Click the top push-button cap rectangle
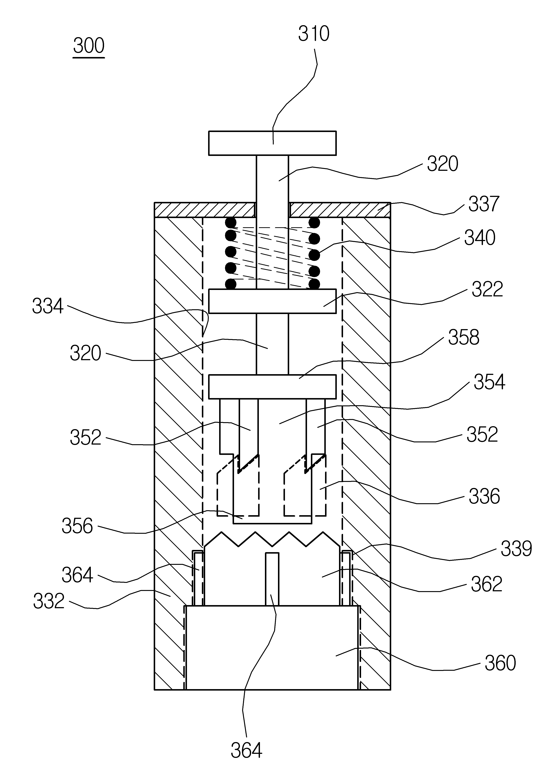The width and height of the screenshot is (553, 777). click(272, 143)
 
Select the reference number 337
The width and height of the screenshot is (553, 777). click(484, 204)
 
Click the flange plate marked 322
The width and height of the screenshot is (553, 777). click(272, 301)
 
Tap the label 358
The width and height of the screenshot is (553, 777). click(463, 337)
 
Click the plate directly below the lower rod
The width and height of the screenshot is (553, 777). click(272, 386)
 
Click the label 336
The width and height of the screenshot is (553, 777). click(484, 496)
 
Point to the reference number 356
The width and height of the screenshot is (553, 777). click(77, 526)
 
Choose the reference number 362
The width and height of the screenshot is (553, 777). click(486, 584)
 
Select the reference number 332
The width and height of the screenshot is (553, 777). click(49, 601)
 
